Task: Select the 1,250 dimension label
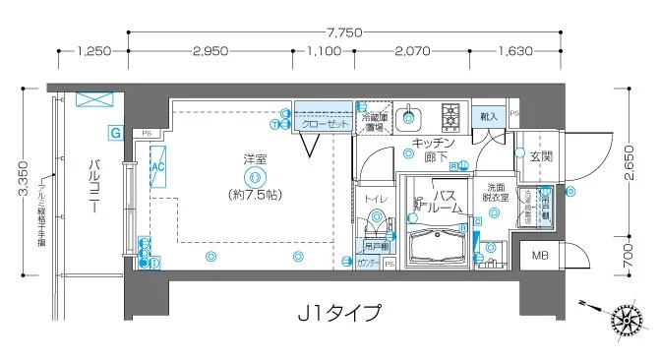pyautogui.click(x=92, y=49)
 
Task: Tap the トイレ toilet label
pyautogui.click(x=375, y=200)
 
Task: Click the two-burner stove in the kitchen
pyautogui.click(x=452, y=117)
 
